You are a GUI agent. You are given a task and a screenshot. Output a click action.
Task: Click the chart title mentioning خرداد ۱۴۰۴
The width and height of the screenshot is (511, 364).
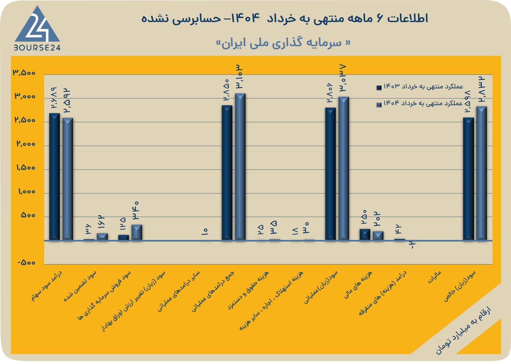[284, 18]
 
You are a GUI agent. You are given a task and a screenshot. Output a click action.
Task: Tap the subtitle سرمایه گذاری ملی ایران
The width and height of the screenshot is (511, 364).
[283, 43]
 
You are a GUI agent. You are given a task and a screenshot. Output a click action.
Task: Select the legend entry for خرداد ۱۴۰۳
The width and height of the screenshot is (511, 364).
[420, 86]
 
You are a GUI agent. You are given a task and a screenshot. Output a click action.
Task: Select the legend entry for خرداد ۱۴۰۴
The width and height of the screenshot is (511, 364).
[420, 104]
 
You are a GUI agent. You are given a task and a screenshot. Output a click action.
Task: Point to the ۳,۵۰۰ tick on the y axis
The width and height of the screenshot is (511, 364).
[24, 73]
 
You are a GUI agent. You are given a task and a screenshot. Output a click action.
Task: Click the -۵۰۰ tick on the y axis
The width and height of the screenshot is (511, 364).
[26, 263]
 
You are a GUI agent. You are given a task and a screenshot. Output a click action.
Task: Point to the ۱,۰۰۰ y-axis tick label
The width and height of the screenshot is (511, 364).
[27, 191]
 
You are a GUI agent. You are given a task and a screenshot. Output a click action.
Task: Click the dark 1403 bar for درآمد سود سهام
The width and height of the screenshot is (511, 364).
[55, 177]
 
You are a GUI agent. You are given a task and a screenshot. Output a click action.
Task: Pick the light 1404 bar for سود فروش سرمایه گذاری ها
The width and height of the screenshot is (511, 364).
[137, 232]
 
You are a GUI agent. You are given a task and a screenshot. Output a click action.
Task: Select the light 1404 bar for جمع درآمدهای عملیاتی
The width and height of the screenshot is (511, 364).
[240, 167]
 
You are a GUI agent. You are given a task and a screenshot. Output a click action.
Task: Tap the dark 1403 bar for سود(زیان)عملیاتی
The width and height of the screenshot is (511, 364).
[330, 174]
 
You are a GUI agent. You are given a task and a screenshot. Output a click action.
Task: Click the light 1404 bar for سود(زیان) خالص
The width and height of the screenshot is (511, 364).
[481, 173]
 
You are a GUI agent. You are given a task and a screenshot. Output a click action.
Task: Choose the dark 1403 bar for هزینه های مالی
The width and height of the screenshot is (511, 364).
[365, 235]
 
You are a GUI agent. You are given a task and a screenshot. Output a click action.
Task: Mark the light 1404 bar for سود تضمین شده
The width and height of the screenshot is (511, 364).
[102, 237]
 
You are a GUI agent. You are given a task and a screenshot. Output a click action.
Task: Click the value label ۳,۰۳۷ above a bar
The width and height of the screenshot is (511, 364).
[343, 78]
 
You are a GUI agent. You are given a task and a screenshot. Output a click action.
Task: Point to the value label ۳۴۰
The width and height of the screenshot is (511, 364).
[136, 210]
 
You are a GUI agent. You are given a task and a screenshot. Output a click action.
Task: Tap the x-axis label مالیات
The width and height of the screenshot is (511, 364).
[434, 277]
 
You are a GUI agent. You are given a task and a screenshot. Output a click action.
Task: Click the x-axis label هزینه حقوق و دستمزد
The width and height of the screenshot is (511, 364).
[248, 290]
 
